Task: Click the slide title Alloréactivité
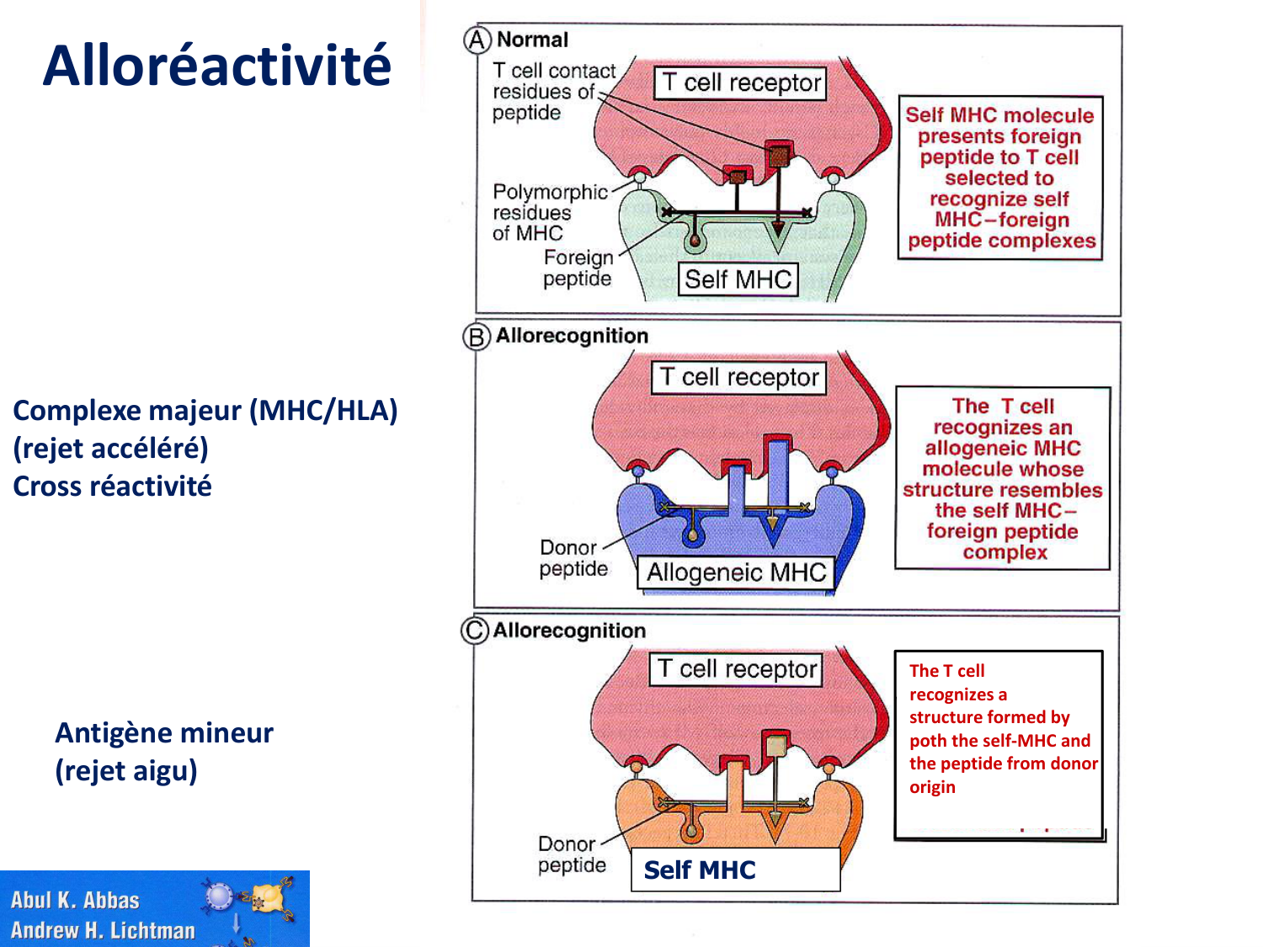click(x=217, y=66)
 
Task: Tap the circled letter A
click(x=477, y=40)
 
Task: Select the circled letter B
click(x=476, y=337)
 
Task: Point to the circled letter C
click(x=475, y=630)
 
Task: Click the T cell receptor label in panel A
click(x=740, y=82)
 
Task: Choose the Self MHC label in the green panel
click(x=738, y=279)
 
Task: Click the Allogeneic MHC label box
click(x=736, y=573)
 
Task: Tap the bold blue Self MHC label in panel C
click(x=700, y=870)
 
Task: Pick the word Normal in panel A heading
click(x=532, y=40)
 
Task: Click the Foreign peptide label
click(x=578, y=268)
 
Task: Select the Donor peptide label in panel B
click(x=573, y=558)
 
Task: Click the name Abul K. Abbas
click(x=75, y=901)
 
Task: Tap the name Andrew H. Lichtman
click(x=103, y=930)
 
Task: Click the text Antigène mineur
click(x=164, y=733)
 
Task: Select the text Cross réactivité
click(x=113, y=487)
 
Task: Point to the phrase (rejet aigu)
click(x=126, y=771)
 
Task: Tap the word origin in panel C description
click(x=932, y=787)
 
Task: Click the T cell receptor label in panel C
click(x=736, y=669)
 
